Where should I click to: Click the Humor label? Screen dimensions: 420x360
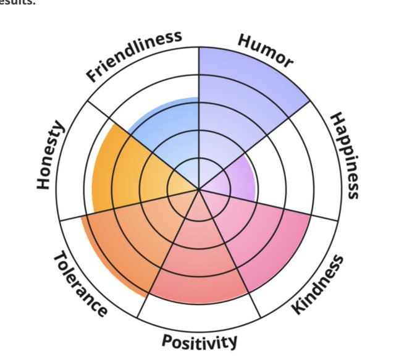[x=266, y=51]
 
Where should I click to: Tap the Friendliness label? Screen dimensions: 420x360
[x=134, y=56]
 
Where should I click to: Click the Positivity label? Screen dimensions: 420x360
[x=199, y=341]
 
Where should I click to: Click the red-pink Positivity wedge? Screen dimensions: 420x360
[x=198, y=259]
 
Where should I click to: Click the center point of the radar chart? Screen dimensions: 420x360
[x=199, y=189]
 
